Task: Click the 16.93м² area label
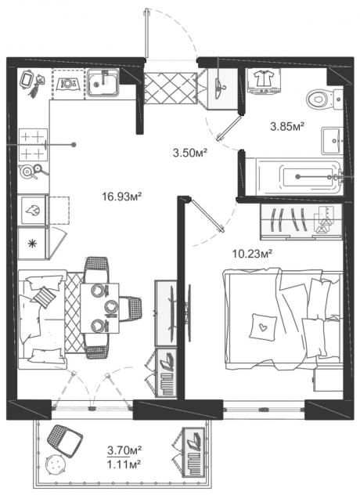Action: coord(121,197)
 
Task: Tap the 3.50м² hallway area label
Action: coord(190,153)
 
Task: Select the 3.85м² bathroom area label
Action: coord(287,127)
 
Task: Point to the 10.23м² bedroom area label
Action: coord(252,253)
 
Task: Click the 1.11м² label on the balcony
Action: coord(124,464)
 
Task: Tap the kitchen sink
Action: coord(103,83)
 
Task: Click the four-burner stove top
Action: coord(33,145)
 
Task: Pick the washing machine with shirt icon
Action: coord(265,81)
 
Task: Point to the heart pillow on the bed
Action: coord(262,327)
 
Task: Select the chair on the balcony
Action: coord(65,441)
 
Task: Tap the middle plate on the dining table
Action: coord(111,306)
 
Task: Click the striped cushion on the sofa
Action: coord(44,297)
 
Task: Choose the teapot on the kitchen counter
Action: coord(26,171)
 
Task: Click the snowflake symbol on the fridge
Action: coord(31,244)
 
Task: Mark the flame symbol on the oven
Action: coord(33,210)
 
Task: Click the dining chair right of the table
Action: coord(131,309)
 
